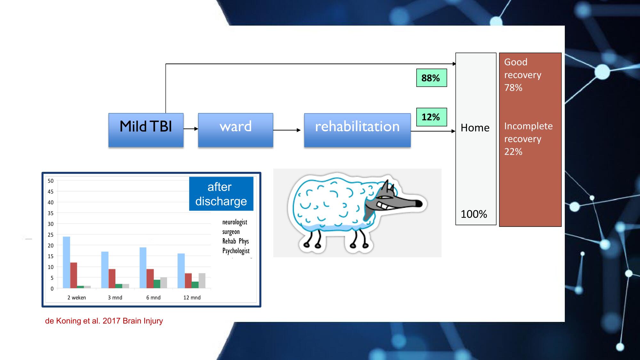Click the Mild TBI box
click(x=146, y=130)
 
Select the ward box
click(x=236, y=130)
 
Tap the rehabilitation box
click(x=357, y=130)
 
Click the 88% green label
click(x=431, y=78)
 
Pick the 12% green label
click(x=431, y=117)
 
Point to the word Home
click(x=475, y=128)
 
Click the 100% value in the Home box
click(x=474, y=214)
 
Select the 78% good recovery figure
click(x=513, y=88)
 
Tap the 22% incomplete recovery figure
click(x=513, y=152)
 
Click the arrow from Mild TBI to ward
click(x=191, y=129)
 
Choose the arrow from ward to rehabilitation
click(x=287, y=130)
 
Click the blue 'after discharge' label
click(x=221, y=194)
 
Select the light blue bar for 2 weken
click(x=66, y=262)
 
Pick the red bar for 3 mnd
click(x=112, y=279)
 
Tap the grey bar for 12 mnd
click(x=202, y=281)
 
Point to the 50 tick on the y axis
click(x=51, y=181)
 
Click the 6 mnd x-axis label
click(x=153, y=298)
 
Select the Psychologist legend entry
click(x=236, y=251)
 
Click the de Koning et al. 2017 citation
click(x=104, y=321)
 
